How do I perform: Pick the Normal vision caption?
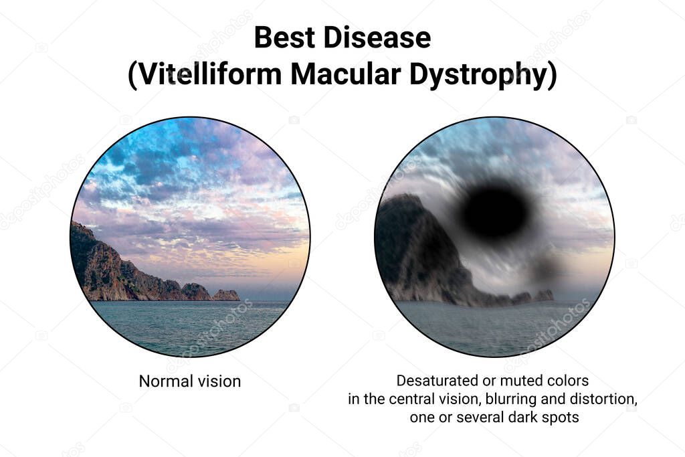click(189, 381)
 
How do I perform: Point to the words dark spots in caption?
click(544, 418)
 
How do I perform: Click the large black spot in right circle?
click(495, 211)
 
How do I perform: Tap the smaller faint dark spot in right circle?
click(546, 268)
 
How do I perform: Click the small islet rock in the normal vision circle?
click(225, 294)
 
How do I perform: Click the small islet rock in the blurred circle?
click(543, 295)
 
